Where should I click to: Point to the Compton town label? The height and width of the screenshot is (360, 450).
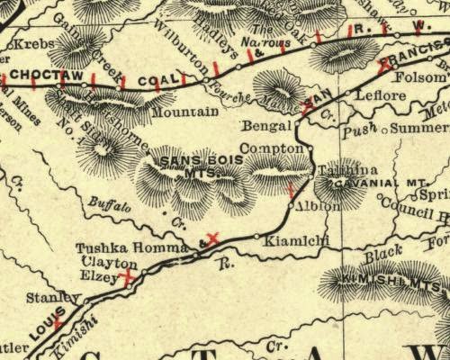coord(274,148)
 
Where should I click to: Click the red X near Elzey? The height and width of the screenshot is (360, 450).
coord(130,278)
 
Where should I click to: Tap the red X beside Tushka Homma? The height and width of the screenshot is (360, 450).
coord(212,238)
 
